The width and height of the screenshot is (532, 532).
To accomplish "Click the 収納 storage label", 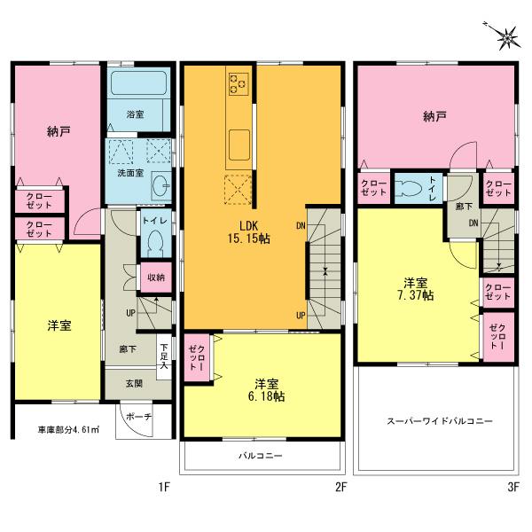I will point(155,278).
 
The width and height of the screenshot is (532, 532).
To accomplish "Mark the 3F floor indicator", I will point(512,487).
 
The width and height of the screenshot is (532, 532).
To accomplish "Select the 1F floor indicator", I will point(164,487).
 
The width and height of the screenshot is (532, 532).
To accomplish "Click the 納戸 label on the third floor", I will point(434,116).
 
